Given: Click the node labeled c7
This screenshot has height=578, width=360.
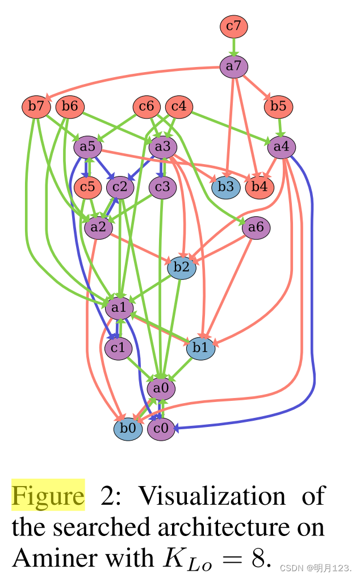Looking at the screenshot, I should click(234, 26).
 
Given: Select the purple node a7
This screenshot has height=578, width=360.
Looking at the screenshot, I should click(234, 66).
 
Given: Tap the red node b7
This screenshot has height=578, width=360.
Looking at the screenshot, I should click(36, 106).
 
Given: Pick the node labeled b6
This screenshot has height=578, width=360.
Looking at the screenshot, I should click(70, 106).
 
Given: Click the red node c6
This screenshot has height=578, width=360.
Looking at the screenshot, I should click(146, 106).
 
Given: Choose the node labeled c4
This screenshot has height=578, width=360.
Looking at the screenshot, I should click(179, 106).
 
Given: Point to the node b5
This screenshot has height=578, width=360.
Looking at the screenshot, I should click(278, 106).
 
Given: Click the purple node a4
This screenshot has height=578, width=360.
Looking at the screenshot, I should click(281, 147).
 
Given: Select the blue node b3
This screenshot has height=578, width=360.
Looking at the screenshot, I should click(226, 186).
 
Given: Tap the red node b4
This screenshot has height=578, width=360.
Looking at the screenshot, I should click(259, 186).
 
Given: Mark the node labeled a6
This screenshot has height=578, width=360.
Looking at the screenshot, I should click(256, 228).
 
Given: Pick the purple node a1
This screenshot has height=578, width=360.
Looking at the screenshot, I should click(119, 308).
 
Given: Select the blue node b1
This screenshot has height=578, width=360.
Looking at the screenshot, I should click(200, 348).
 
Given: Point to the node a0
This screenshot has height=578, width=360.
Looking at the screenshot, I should click(161, 389).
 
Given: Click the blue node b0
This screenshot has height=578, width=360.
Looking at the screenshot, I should click(128, 429).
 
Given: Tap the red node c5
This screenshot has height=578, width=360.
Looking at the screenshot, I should click(87, 186).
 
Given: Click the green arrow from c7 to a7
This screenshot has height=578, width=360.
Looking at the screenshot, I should click(234, 46).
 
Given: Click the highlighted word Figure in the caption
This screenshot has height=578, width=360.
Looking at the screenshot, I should click(48, 496).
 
